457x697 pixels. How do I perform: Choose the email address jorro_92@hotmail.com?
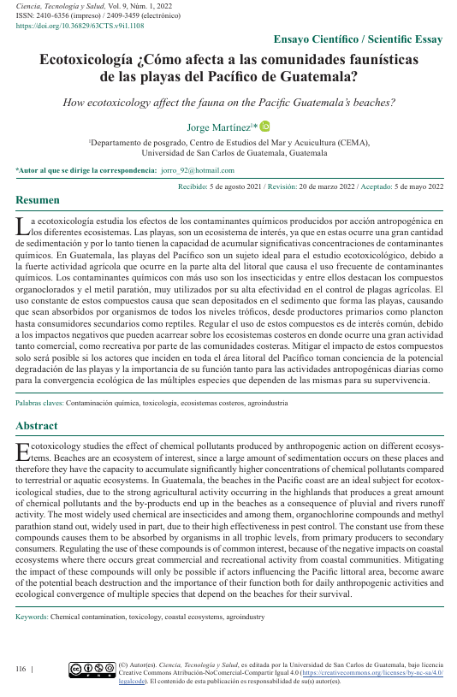pos(197,171)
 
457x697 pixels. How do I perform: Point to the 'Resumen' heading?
pos(38,200)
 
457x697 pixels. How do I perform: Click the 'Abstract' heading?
pos(37,426)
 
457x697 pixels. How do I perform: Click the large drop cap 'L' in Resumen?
pos(22,226)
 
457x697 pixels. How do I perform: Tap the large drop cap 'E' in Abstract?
pos(22,452)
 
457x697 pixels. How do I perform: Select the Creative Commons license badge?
pos(92,669)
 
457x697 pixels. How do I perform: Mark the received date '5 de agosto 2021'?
pos(234,186)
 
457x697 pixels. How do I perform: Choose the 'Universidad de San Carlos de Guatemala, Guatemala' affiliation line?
pos(228,154)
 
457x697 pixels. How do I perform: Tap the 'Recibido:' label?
pos(193,186)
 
